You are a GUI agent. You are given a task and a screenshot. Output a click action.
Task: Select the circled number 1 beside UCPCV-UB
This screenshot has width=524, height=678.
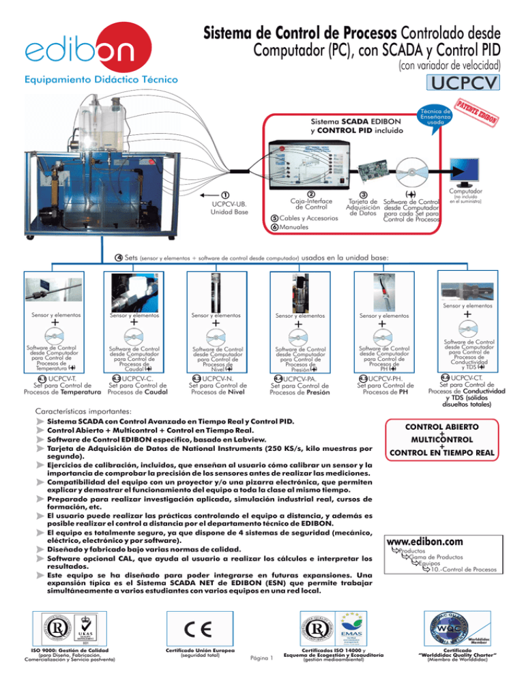[225, 194]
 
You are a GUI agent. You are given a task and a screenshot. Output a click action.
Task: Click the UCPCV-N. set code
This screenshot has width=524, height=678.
[218, 378]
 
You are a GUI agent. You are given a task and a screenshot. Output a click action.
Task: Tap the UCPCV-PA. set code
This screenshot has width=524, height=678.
[301, 379]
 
